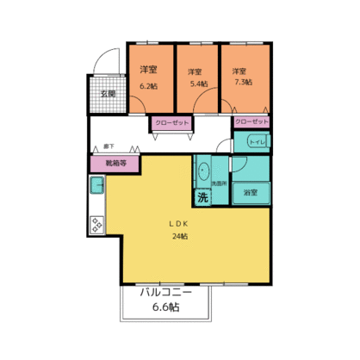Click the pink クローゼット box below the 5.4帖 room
tap(172, 123)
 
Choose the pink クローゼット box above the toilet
tap(251, 122)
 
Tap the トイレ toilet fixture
tap(256, 142)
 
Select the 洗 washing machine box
tap(202, 197)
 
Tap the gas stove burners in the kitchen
tap(96, 225)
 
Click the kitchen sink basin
tap(96, 184)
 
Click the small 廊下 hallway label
tap(109, 147)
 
